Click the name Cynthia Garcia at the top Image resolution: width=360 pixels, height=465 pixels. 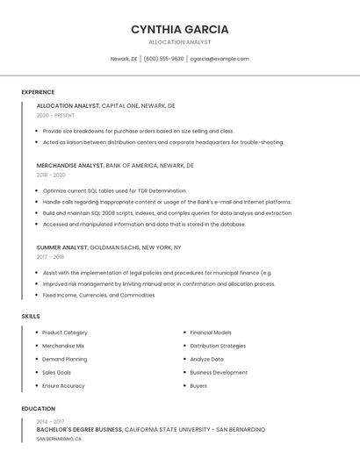[179, 29]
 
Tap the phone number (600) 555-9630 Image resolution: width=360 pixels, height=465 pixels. [163, 59]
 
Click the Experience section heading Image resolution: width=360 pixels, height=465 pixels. [38, 92]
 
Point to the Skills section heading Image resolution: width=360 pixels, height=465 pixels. [31, 316]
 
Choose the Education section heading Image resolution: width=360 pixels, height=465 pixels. [39, 409]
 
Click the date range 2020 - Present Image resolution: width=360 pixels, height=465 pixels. [55, 115]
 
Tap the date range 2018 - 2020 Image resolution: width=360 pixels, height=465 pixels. [51, 175]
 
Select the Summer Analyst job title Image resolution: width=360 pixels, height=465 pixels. [62, 247]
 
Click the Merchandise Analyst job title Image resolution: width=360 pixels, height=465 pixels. [69, 165]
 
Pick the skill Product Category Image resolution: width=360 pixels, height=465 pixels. [65, 333]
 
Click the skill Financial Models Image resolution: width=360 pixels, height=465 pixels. [211, 333]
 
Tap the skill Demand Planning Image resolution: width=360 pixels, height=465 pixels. [64, 359]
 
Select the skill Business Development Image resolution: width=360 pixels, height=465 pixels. [219, 372]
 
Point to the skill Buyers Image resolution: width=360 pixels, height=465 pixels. [198, 385]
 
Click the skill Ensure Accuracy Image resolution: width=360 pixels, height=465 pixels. [63, 385]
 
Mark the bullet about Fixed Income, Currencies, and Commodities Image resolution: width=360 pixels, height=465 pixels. [98, 295]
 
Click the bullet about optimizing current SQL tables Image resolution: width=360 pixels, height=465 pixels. [114, 190]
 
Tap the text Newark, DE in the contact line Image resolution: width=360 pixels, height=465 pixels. [124, 59]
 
